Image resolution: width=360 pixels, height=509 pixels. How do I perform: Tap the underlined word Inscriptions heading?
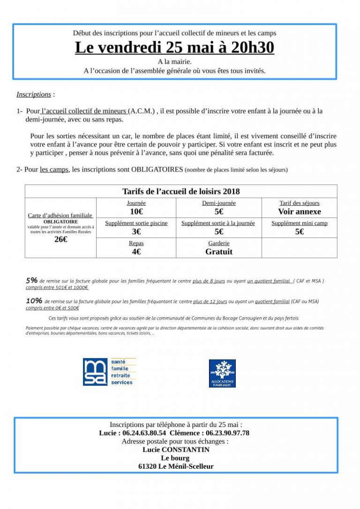pyautogui.click(x=34, y=94)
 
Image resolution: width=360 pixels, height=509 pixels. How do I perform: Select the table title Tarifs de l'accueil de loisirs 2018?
pyautogui.click(x=181, y=191)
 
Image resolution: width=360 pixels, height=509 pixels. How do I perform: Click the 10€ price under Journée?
pyautogui.click(x=136, y=212)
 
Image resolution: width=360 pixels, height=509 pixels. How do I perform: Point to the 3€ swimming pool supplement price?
pyautogui.click(x=136, y=232)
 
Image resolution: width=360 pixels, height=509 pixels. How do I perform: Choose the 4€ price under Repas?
pyautogui.click(x=136, y=252)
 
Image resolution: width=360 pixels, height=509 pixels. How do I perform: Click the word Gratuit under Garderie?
pyautogui.click(x=218, y=252)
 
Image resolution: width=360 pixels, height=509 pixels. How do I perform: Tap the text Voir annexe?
pyautogui.click(x=299, y=212)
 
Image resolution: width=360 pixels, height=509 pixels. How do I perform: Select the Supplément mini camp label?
pyautogui.click(x=299, y=223)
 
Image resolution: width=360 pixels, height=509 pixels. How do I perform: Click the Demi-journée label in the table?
pyautogui.click(x=218, y=203)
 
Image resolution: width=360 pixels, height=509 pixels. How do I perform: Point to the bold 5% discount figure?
pyautogui.click(x=31, y=280)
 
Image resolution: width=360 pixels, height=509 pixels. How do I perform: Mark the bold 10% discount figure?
pyautogui.click(x=34, y=300)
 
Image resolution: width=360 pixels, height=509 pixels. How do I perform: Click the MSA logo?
pyautogui.click(x=109, y=372)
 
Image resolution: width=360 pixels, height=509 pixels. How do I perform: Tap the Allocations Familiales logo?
pyautogui.click(x=222, y=373)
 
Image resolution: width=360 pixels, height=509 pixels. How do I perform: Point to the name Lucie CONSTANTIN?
pyautogui.click(x=176, y=449)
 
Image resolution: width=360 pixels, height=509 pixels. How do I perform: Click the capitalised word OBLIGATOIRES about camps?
pyautogui.click(x=157, y=169)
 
